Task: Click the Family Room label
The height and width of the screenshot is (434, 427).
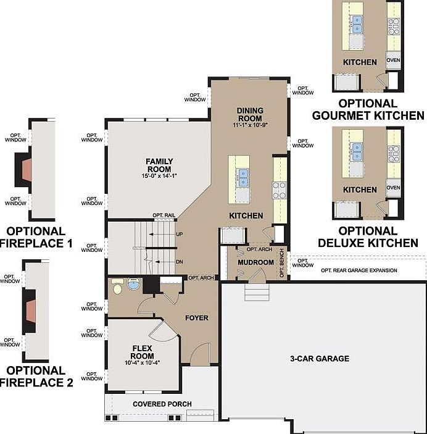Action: pos(159,165)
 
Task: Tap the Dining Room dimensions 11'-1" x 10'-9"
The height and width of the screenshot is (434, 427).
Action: pos(250,125)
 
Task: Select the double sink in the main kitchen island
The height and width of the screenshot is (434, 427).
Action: pos(243,178)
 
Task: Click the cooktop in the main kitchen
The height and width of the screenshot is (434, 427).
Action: pos(280,190)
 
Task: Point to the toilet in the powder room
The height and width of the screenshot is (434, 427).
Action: pos(117,286)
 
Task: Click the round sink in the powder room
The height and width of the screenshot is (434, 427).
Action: pos(134,284)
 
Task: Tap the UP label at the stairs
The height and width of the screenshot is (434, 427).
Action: pos(180,234)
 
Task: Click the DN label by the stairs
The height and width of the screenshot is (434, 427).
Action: pos(180,262)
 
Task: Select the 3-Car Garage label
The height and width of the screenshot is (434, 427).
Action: pos(320,359)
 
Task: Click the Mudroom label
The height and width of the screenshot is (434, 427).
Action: pos(255,262)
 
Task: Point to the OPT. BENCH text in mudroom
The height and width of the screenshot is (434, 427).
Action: pos(282,263)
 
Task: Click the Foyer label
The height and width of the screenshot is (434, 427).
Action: pos(197,318)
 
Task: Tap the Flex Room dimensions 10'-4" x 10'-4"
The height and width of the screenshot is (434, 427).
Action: pos(143,362)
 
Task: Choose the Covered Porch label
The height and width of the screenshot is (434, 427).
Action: pos(162,404)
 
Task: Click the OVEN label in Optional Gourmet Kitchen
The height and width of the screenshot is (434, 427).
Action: pos(393,60)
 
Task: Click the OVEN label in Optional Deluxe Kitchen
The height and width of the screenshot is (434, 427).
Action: pos(393,188)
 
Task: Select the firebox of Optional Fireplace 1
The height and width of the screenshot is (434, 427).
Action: pos(27,170)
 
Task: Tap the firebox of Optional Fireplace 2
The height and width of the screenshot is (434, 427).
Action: pos(31,311)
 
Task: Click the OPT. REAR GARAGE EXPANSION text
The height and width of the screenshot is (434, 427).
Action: pos(359,270)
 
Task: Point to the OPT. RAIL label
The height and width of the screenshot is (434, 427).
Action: pos(164,215)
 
